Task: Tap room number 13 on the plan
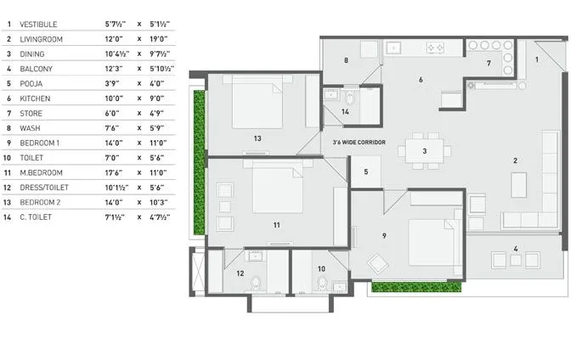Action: [x=256, y=138]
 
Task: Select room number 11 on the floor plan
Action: [x=276, y=225]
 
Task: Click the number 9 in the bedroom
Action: [x=384, y=235]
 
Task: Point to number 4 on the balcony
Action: [x=515, y=249]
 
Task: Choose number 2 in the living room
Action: [x=515, y=160]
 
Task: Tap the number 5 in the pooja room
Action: [x=366, y=172]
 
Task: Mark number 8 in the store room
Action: [x=347, y=60]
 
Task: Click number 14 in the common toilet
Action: [x=345, y=111]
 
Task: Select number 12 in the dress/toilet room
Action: [x=240, y=273]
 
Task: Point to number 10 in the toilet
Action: [x=321, y=269]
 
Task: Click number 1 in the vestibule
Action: [x=536, y=59]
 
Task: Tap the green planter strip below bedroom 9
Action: [x=415, y=287]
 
